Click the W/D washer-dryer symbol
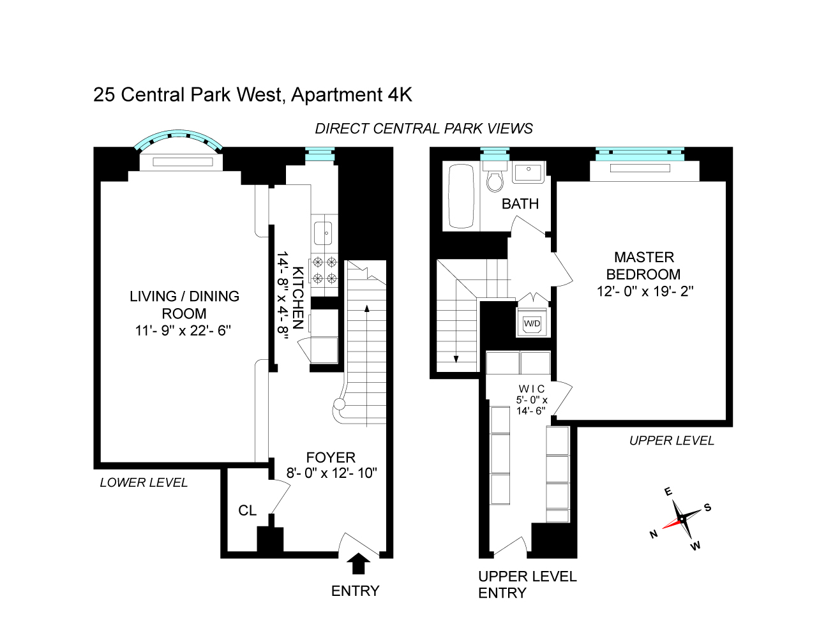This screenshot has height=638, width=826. pyautogui.click(x=532, y=323)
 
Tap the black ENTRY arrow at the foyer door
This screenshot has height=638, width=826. pyautogui.click(x=359, y=564)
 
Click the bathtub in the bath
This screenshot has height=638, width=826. pyautogui.click(x=461, y=196)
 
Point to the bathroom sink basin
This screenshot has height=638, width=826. pyautogui.click(x=528, y=172)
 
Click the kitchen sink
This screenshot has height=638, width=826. pyautogui.click(x=323, y=233)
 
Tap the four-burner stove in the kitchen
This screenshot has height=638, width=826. pyautogui.click(x=324, y=270)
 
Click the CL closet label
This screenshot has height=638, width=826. pyautogui.click(x=247, y=510)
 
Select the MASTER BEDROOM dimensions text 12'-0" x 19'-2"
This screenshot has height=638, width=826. pyautogui.click(x=645, y=291)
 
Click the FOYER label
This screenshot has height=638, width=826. pyautogui.click(x=331, y=457)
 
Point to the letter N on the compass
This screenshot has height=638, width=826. pyautogui.click(x=653, y=534)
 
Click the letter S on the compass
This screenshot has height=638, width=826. pyautogui.click(x=707, y=508)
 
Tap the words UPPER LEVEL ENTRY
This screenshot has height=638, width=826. pyautogui.click(x=527, y=584)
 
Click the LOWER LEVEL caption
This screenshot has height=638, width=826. pyautogui.click(x=144, y=482)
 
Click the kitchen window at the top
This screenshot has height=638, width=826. pyautogui.click(x=320, y=154)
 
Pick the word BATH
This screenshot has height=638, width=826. pyautogui.click(x=520, y=204)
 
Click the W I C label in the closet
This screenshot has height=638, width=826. pyautogui.click(x=532, y=389)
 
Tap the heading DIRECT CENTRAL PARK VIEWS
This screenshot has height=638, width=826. pyautogui.click(x=424, y=128)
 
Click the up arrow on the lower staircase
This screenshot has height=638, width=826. pyautogui.click(x=367, y=309)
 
